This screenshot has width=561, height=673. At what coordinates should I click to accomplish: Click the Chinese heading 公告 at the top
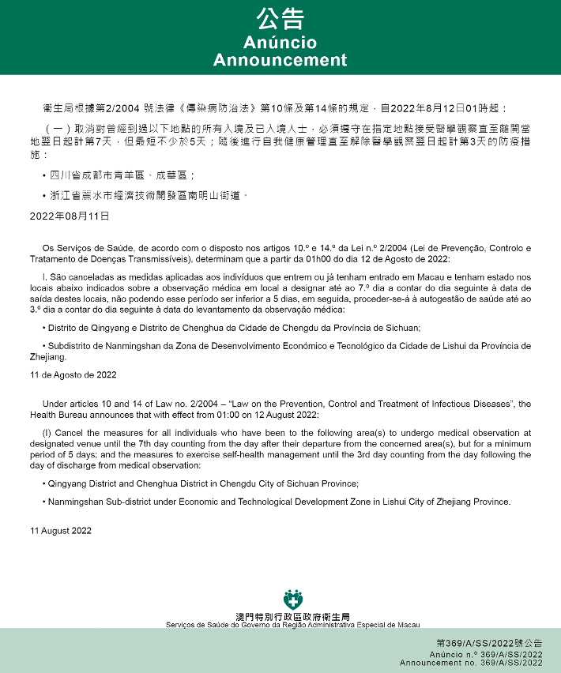pos(280,18)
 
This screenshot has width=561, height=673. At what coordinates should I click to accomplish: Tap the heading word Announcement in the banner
pos(280,60)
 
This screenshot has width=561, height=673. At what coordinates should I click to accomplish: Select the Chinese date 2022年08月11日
pos(70,216)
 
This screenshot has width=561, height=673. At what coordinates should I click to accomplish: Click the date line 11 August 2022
pos(61,531)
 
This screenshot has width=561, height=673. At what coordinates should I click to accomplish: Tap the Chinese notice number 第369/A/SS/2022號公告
pos(489,643)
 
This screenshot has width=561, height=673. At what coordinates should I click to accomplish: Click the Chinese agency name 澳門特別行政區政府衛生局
pos(293,616)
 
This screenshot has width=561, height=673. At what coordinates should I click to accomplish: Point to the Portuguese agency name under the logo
pos(293,625)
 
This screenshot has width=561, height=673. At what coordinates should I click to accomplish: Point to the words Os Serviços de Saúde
pos(81,249)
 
